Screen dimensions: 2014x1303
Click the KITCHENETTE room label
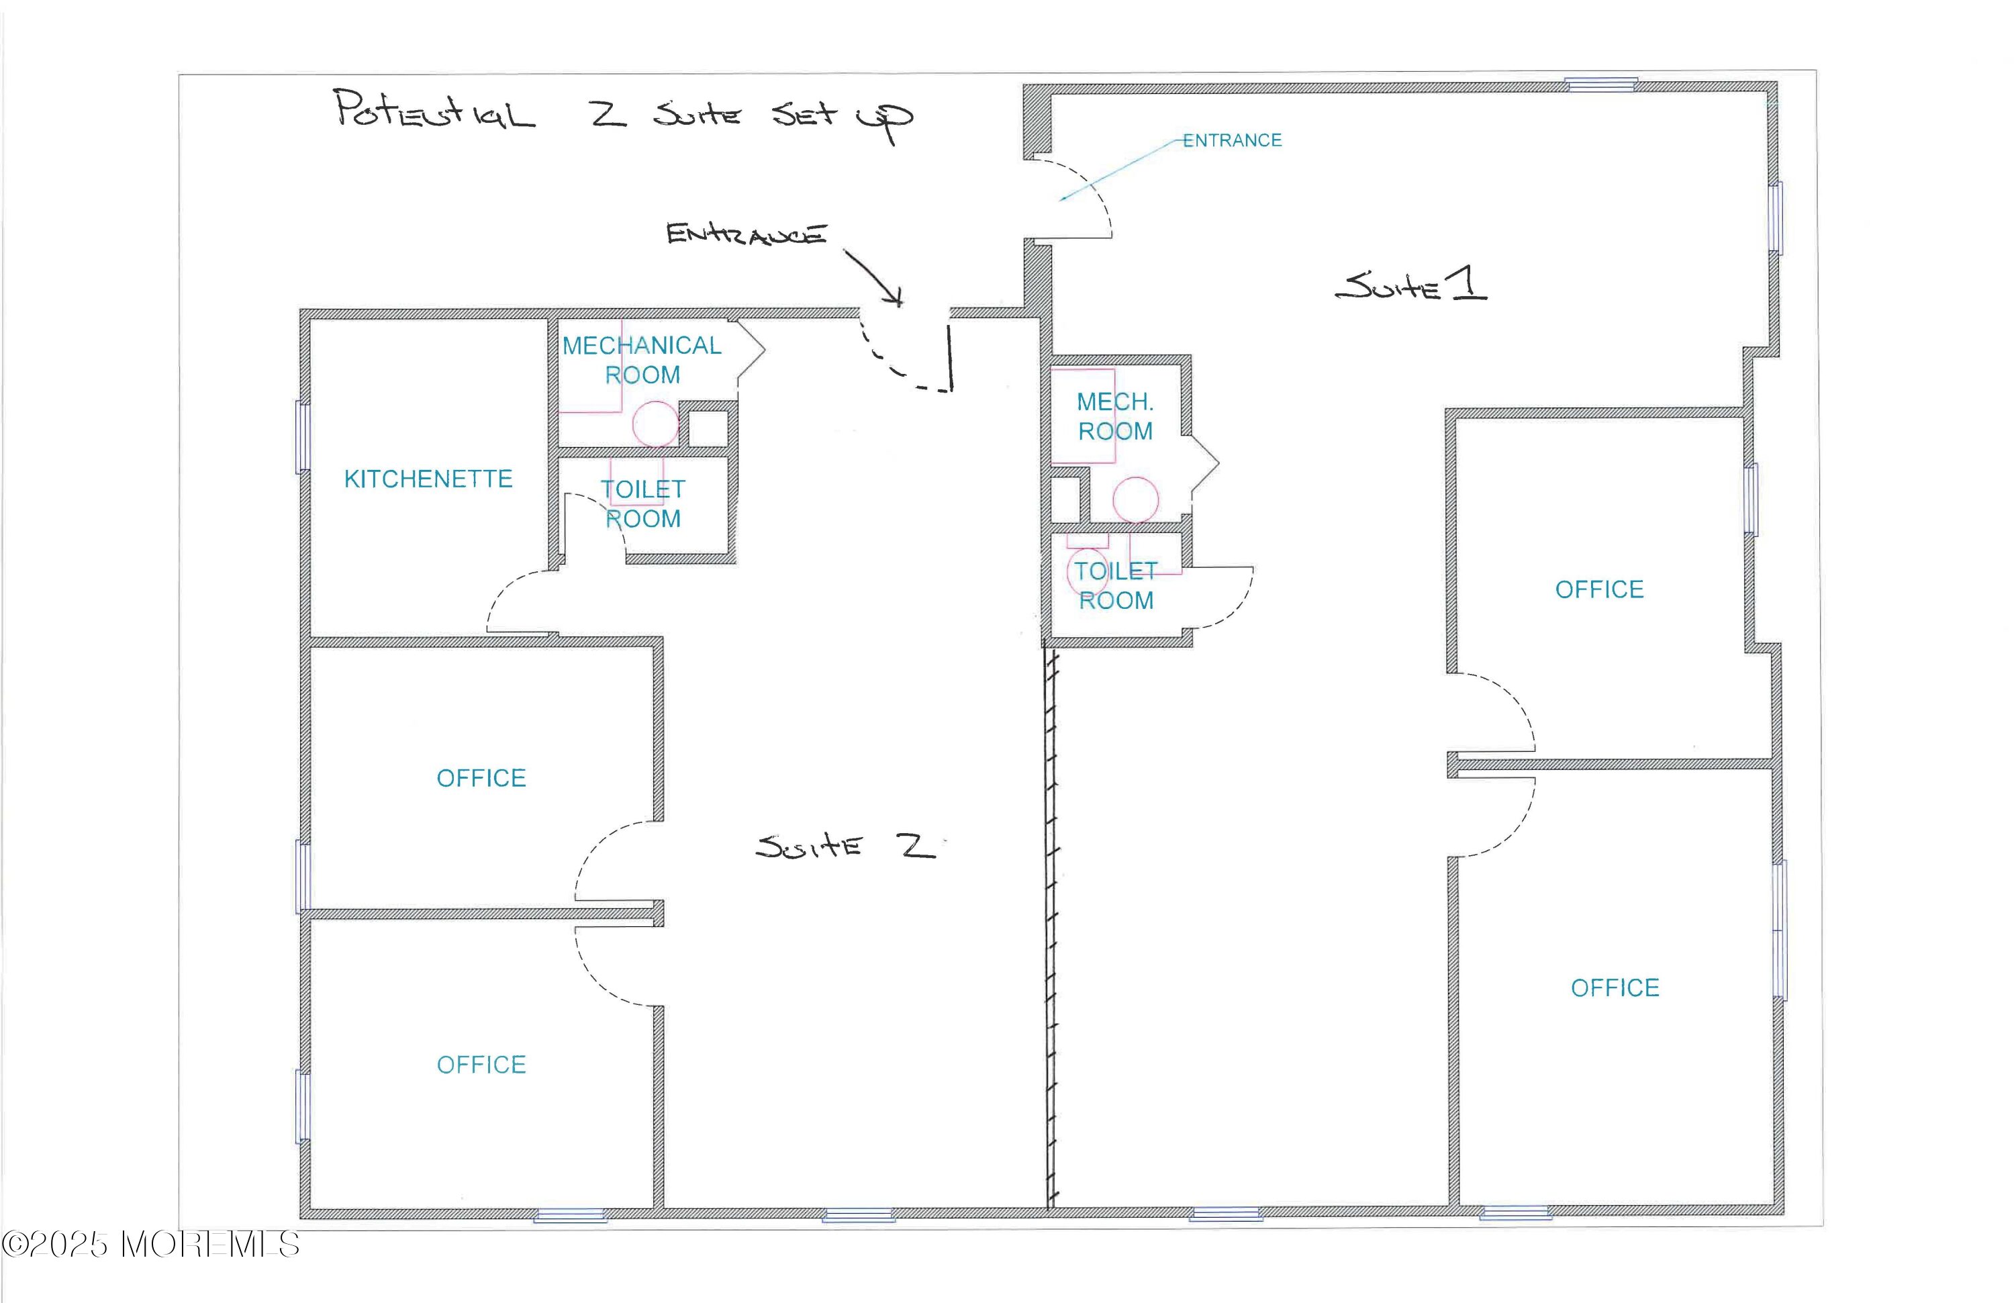[x=428, y=479]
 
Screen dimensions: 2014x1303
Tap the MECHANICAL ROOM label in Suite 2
[x=642, y=360]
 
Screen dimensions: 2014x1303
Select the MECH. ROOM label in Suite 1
[x=1115, y=416]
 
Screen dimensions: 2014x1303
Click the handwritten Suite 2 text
[x=845, y=845]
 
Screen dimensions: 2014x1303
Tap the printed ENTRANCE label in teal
[x=1232, y=140]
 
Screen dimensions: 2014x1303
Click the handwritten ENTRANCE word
[x=747, y=234]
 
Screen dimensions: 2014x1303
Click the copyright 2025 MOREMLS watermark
[x=150, y=1245]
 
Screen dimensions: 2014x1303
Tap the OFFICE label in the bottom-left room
[x=481, y=1065]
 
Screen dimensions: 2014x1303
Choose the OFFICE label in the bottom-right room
[x=1615, y=987]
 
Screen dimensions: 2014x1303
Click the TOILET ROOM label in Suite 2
[x=643, y=504]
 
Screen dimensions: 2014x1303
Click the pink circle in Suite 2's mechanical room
[x=656, y=423]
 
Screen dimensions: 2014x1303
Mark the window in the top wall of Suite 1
[x=1600, y=84]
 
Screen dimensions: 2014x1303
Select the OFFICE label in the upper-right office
[x=1599, y=589]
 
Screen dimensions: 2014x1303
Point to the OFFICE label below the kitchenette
[x=481, y=777]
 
